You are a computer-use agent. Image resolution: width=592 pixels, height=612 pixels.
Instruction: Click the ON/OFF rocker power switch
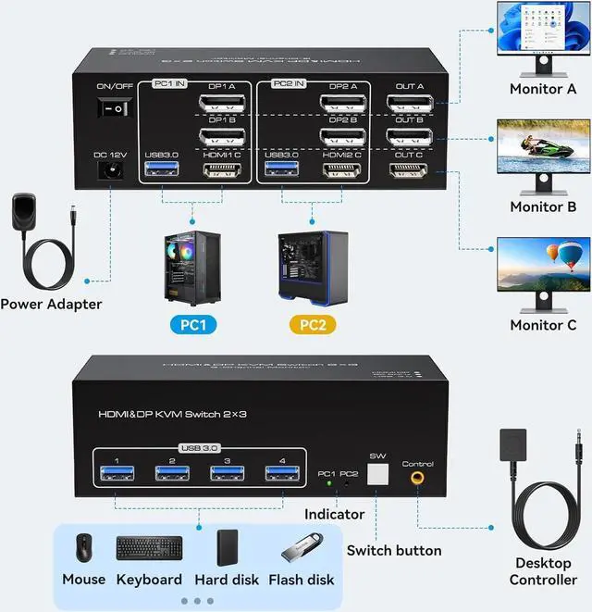pyautogui.click(x=112, y=109)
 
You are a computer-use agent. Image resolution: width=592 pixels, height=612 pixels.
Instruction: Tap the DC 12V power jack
pyautogui.click(x=111, y=170)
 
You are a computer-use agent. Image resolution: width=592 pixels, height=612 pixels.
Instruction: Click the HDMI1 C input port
pyautogui.click(x=222, y=171)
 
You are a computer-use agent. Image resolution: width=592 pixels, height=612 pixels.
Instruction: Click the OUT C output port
pyautogui.click(x=409, y=171)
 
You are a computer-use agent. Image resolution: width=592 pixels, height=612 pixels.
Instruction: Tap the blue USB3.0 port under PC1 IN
pyautogui.click(x=159, y=171)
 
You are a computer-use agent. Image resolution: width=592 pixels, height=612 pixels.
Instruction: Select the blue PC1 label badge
pyautogui.click(x=193, y=325)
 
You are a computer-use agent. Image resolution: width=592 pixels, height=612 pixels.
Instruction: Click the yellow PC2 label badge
pyautogui.click(x=312, y=325)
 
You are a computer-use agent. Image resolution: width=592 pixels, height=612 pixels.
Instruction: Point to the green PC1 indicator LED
pyautogui.click(x=327, y=483)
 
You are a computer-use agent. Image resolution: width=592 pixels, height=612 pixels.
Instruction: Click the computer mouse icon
pyautogui.click(x=84, y=547)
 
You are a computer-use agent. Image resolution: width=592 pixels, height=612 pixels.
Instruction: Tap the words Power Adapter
pyautogui.click(x=51, y=304)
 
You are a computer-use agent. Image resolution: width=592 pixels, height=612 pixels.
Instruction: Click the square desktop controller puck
pyautogui.click(x=518, y=449)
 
